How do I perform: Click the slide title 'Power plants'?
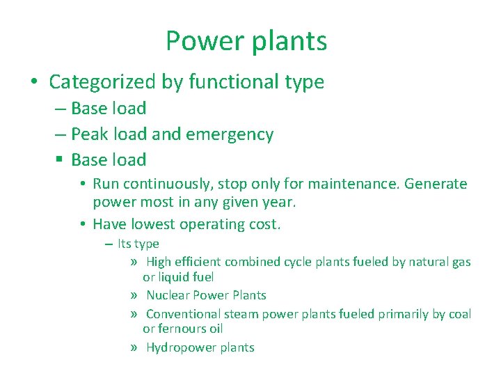tap(246, 42)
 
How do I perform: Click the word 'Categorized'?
tap(102, 82)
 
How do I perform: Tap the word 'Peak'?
tap(88, 134)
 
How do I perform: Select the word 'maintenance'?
tap(354, 185)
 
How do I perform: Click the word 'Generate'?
tap(436, 185)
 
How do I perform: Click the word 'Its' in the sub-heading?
tap(125, 244)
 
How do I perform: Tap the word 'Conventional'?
tap(182, 314)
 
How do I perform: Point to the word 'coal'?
tap(459, 314)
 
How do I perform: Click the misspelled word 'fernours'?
tap(183, 329)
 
